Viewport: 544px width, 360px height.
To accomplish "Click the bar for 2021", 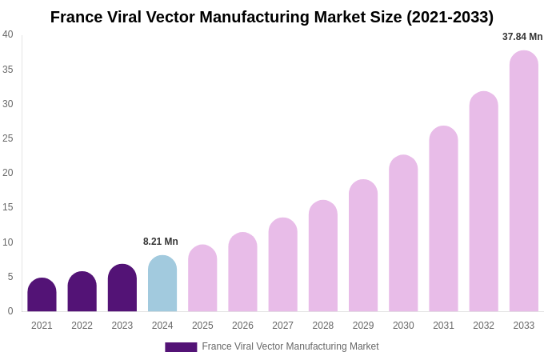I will pyautogui.click(x=42, y=295).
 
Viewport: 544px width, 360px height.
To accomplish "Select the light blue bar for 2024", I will pyautogui.click(x=162, y=284).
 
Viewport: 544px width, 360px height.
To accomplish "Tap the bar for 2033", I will pyautogui.click(x=524, y=182).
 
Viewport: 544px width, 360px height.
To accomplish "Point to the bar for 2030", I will pyautogui.click(x=403, y=234).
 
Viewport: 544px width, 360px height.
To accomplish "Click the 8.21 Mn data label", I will pyautogui.click(x=161, y=242).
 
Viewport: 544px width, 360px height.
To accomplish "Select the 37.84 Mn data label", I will pyautogui.click(x=522, y=37).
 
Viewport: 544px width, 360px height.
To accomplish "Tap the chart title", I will pyautogui.click(x=272, y=17).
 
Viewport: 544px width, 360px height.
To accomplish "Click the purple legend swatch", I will pyautogui.click(x=181, y=347).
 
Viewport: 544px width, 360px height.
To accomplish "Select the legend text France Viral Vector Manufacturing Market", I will pyautogui.click(x=290, y=346).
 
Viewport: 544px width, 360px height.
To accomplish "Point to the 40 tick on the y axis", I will pyautogui.click(x=8, y=34).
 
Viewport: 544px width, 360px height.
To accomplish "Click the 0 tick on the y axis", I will pyautogui.click(x=10, y=311).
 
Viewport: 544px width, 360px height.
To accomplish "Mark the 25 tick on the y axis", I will pyautogui.click(x=8, y=138).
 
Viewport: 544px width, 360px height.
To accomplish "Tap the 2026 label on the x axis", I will pyautogui.click(x=242, y=326).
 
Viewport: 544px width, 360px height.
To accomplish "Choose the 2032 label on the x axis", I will pyautogui.click(x=483, y=326).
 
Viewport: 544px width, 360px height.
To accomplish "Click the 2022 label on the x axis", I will pyautogui.click(x=82, y=326).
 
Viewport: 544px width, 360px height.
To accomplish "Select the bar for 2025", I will pyautogui.click(x=202, y=278).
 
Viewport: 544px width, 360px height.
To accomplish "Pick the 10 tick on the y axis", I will pyautogui.click(x=8, y=242).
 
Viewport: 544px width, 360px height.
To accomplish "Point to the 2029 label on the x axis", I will pyautogui.click(x=363, y=326).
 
